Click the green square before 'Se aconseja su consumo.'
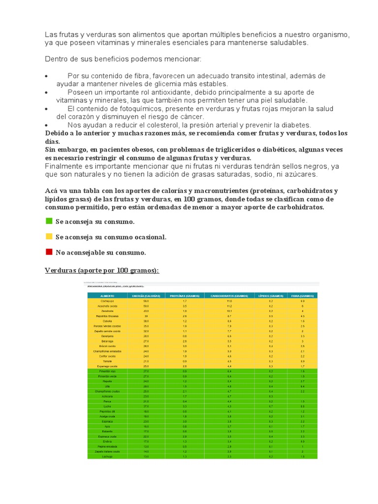point(49,221)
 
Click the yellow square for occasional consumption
point(49,237)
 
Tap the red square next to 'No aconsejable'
point(49,252)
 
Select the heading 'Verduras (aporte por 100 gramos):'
point(102,271)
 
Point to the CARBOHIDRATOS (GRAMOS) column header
point(229,295)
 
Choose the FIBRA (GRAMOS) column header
point(303,295)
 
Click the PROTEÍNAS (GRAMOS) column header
point(185,295)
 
